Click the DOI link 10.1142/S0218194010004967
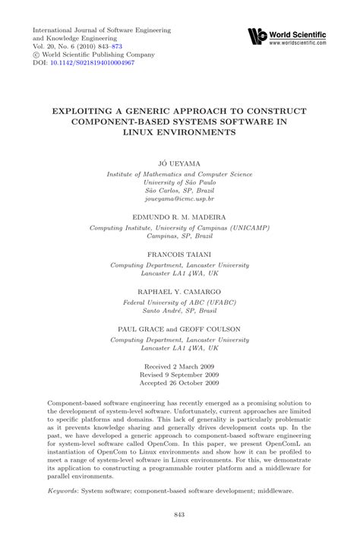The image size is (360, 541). (91, 63)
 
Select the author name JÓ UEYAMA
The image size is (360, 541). (179, 163)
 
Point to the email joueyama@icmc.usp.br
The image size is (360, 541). (179, 198)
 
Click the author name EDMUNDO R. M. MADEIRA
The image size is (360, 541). (179, 217)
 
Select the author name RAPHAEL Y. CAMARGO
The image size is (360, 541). (179, 291)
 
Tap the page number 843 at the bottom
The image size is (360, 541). (179, 515)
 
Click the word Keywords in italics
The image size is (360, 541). (63, 471)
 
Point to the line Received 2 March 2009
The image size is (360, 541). (179, 365)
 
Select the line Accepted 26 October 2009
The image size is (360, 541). (179, 384)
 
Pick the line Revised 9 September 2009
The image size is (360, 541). (179, 375)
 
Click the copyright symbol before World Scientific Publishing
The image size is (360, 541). (36, 55)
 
